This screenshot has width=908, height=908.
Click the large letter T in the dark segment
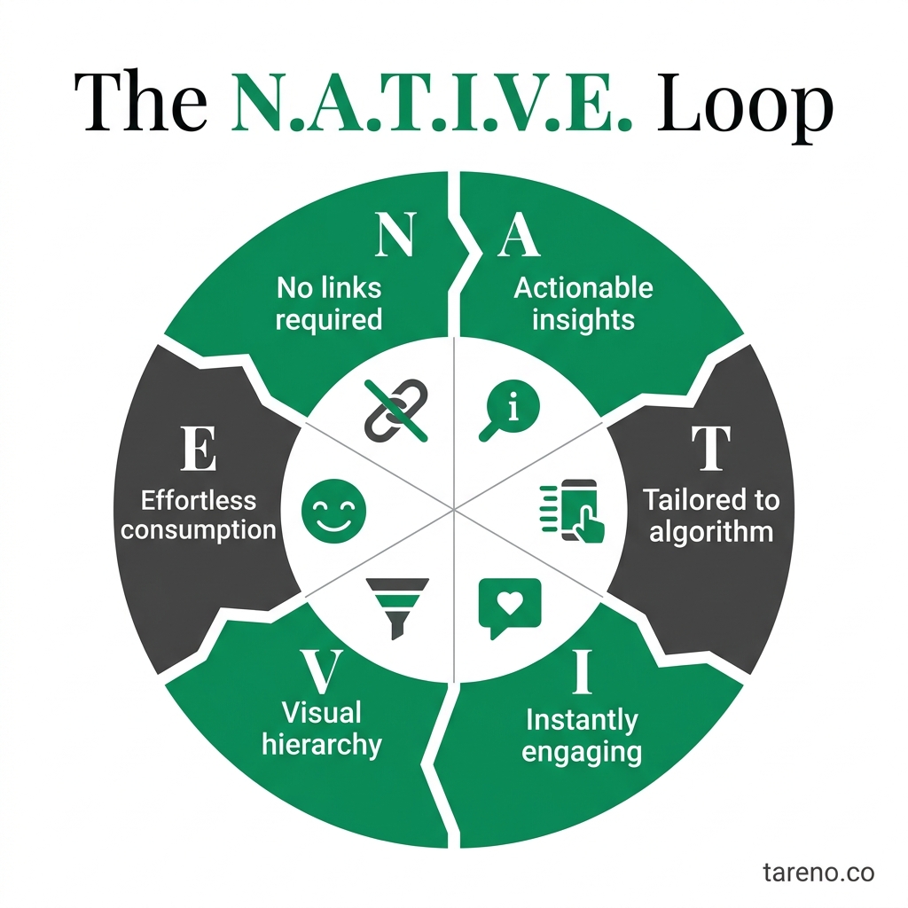pyautogui.click(x=710, y=449)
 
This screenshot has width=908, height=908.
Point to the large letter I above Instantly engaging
pyautogui.click(x=581, y=673)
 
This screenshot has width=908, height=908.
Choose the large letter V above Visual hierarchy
pyautogui.click(x=322, y=673)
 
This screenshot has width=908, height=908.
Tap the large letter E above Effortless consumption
pyautogui.click(x=199, y=449)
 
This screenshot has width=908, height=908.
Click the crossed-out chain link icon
pyautogui.click(x=395, y=410)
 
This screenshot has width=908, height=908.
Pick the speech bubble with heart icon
pyautogui.click(x=509, y=607)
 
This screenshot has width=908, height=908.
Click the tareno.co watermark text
pyautogui.click(x=818, y=873)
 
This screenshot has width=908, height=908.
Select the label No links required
pyautogui.click(x=329, y=303)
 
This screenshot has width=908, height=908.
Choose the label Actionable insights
pyautogui.click(x=583, y=303)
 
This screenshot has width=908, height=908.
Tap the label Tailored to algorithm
pyautogui.click(x=710, y=515)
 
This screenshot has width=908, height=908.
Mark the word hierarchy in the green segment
pyautogui.click(x=322, y=744)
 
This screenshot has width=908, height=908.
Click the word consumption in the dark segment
pyautogui.click(x=199, y=530)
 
